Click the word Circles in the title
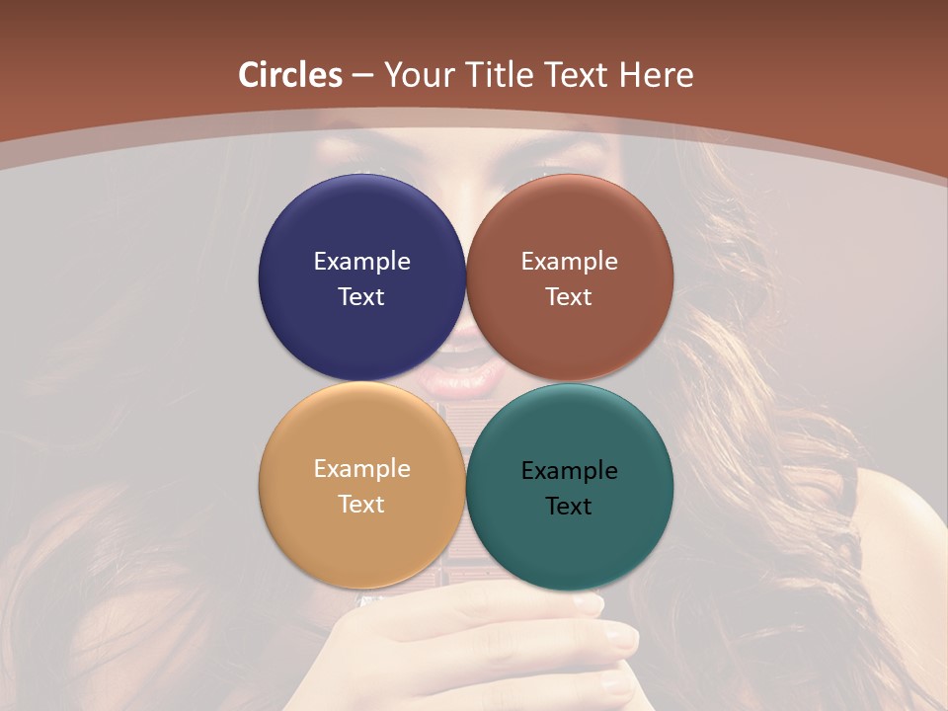(x=290, y=75)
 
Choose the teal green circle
(x=570, y=543)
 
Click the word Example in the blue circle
(x=361, y=262)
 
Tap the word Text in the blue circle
(x=361, y=297)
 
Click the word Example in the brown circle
(x=570, y=262)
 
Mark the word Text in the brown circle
(x=570, y=297)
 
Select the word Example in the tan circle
(x=361, y=469)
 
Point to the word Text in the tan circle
(x=361, y=505)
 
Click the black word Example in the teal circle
(x=570, y=471)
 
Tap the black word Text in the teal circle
(x=570, y=507)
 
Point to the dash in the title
(x=362, y=76)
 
